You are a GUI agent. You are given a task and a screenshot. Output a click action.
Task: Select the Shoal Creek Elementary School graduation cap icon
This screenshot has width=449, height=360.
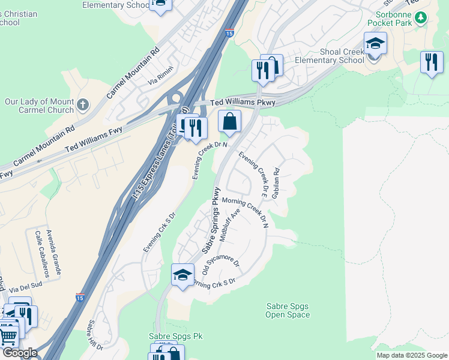click(375, 44)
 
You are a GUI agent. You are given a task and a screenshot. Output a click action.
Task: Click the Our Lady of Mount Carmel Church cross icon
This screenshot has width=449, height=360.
click(83, 106)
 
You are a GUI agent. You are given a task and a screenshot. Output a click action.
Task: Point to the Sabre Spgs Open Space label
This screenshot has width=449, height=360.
click(288, 310)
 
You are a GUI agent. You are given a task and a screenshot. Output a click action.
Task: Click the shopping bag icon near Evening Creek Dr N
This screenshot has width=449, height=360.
click(229, 122)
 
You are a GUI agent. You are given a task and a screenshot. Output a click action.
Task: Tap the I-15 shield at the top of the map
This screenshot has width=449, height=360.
click(230, 34)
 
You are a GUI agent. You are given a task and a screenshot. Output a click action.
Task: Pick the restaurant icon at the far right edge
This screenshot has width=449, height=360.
click(432, 62)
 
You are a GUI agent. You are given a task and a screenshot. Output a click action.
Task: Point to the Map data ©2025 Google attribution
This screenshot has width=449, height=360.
click(411, 355)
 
